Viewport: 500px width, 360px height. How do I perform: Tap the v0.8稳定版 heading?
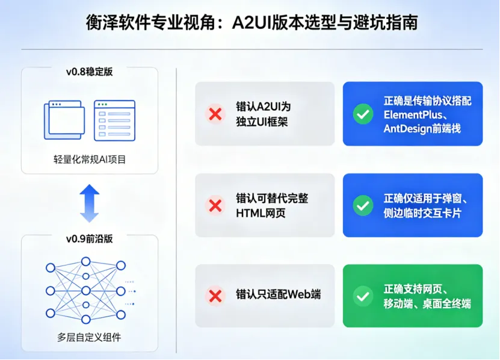[90, 72]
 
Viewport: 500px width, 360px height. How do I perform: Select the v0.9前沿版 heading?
[90, 239]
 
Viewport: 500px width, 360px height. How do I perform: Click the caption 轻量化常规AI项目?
[90, 160]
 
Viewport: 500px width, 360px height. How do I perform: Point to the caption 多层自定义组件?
[89, 337]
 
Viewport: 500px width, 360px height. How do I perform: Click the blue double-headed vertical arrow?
[90, 203]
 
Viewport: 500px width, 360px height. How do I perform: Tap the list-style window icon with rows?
[114, 120]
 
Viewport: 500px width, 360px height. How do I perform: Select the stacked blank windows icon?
[64, 120]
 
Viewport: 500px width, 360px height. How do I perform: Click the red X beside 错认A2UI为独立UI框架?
[215, 114]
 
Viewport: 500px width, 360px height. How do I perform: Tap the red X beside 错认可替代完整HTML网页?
[215, 205]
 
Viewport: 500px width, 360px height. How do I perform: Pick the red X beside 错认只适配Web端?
[215, 296]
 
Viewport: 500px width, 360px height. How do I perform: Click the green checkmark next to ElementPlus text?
[363, 114]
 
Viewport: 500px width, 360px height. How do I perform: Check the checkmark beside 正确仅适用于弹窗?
[363, 205]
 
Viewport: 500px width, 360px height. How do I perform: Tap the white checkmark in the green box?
[363, 296]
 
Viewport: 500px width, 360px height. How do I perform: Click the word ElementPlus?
[413, 114]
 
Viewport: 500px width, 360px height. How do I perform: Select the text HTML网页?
[261, 213]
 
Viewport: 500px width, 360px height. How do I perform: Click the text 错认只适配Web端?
[279, 294]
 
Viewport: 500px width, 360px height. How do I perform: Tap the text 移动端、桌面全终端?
[427, 303]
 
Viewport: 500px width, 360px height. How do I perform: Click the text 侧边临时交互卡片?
[422, 213]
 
